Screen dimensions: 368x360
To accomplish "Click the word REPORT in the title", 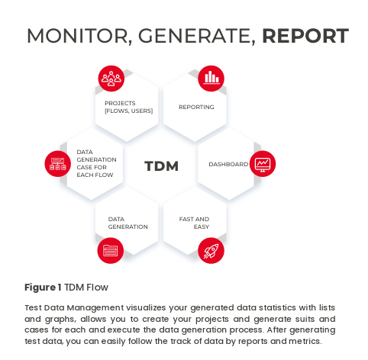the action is click(x=305, y=36).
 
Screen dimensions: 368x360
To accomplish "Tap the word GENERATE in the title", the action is click(x=196, y=37).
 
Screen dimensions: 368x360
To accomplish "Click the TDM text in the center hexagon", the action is click(x=161, y=166).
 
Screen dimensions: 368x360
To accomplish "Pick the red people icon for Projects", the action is click(x=111, y=79).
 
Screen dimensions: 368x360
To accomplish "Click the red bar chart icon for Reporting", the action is click(x=211, y=79).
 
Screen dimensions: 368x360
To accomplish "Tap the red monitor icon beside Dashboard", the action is click(x=263, y=163).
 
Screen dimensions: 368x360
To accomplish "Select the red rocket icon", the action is click(x=211, y=250).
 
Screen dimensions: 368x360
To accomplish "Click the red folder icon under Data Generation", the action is click(x=111, y=250).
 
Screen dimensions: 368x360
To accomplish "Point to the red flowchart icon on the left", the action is click(x=58, y=163).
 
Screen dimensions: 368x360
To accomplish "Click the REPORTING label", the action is click(x=196, y=107).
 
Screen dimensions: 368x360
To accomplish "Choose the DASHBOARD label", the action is click(x=228, y=164).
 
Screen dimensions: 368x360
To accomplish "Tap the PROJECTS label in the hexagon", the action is click(x=120, y=103).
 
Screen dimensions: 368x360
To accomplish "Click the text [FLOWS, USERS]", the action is click(x=129, y=111).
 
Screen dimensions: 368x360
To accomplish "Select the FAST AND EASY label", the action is click(x=194, y=223).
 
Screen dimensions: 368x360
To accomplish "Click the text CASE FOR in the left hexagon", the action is click(x=92, y=167).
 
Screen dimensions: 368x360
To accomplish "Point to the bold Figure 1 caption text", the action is click(x=43, y=288).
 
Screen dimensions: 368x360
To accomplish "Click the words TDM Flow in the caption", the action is click(x=86, y=288).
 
